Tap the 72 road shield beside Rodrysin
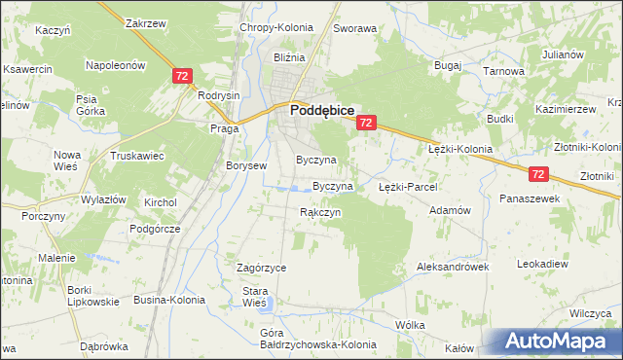(181, 75)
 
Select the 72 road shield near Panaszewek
(540, 174)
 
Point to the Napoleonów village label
(116, 65)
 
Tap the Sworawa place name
(354, 29)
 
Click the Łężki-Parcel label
(409, 186)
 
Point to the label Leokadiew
(542, 264)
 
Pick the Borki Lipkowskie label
(92, 296)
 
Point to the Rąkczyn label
(319, 212)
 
